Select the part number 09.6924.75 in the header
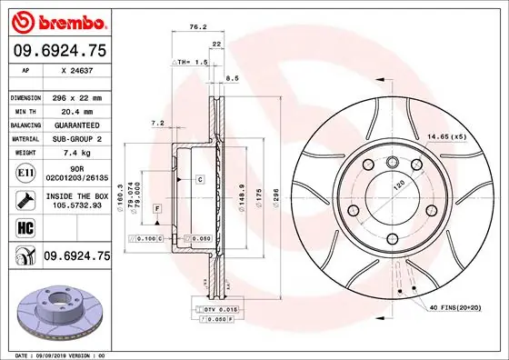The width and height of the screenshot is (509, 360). pyautogui.click(x=59, y=51)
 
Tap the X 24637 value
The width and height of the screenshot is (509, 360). pyautogui.click(x=79, y=70)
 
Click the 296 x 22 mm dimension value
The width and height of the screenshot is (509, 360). pyautogui.click(x=79, y=96)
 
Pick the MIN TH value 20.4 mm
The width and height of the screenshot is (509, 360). pyautogui.click(x=79, y=111)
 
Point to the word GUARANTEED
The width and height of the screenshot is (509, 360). pyautogui.click(x=79, y=125)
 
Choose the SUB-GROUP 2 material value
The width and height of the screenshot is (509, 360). pyautogui.click(x=79, y=139)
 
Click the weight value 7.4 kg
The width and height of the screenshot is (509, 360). pyautogui.click(x=79, y=154)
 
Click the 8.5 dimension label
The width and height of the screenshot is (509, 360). pyautogui.click(x=231, y=80)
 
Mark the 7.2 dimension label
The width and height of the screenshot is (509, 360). pyautogui.click(x=156, y=123)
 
